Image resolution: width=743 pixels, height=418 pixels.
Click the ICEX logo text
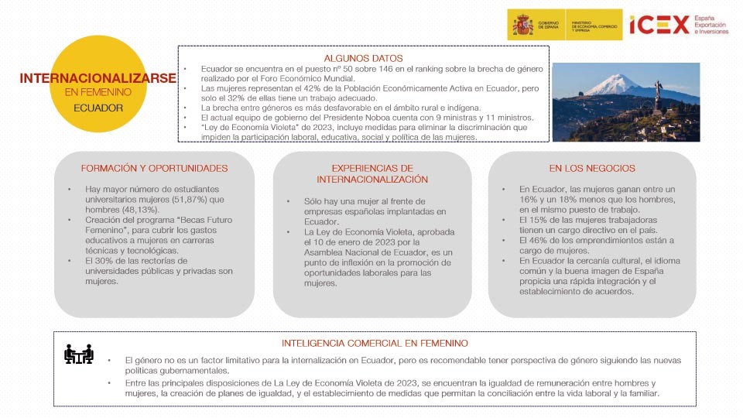[659, 25]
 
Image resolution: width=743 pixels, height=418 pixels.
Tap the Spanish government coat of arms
[522, 25]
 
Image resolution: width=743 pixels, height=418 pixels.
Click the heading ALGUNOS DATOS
[363, 58]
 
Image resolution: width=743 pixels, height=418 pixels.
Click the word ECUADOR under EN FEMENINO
[98, 108]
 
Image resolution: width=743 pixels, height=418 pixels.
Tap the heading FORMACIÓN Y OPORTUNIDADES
[155, 168]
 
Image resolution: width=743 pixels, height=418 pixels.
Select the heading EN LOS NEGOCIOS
[592, 168]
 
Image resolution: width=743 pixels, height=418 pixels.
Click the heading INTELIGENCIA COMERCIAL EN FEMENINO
[375, 343]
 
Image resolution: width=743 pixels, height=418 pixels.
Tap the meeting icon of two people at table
[79, 354]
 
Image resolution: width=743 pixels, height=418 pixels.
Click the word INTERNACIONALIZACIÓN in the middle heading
[371, 179]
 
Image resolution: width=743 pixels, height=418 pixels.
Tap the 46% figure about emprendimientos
[539, 240]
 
